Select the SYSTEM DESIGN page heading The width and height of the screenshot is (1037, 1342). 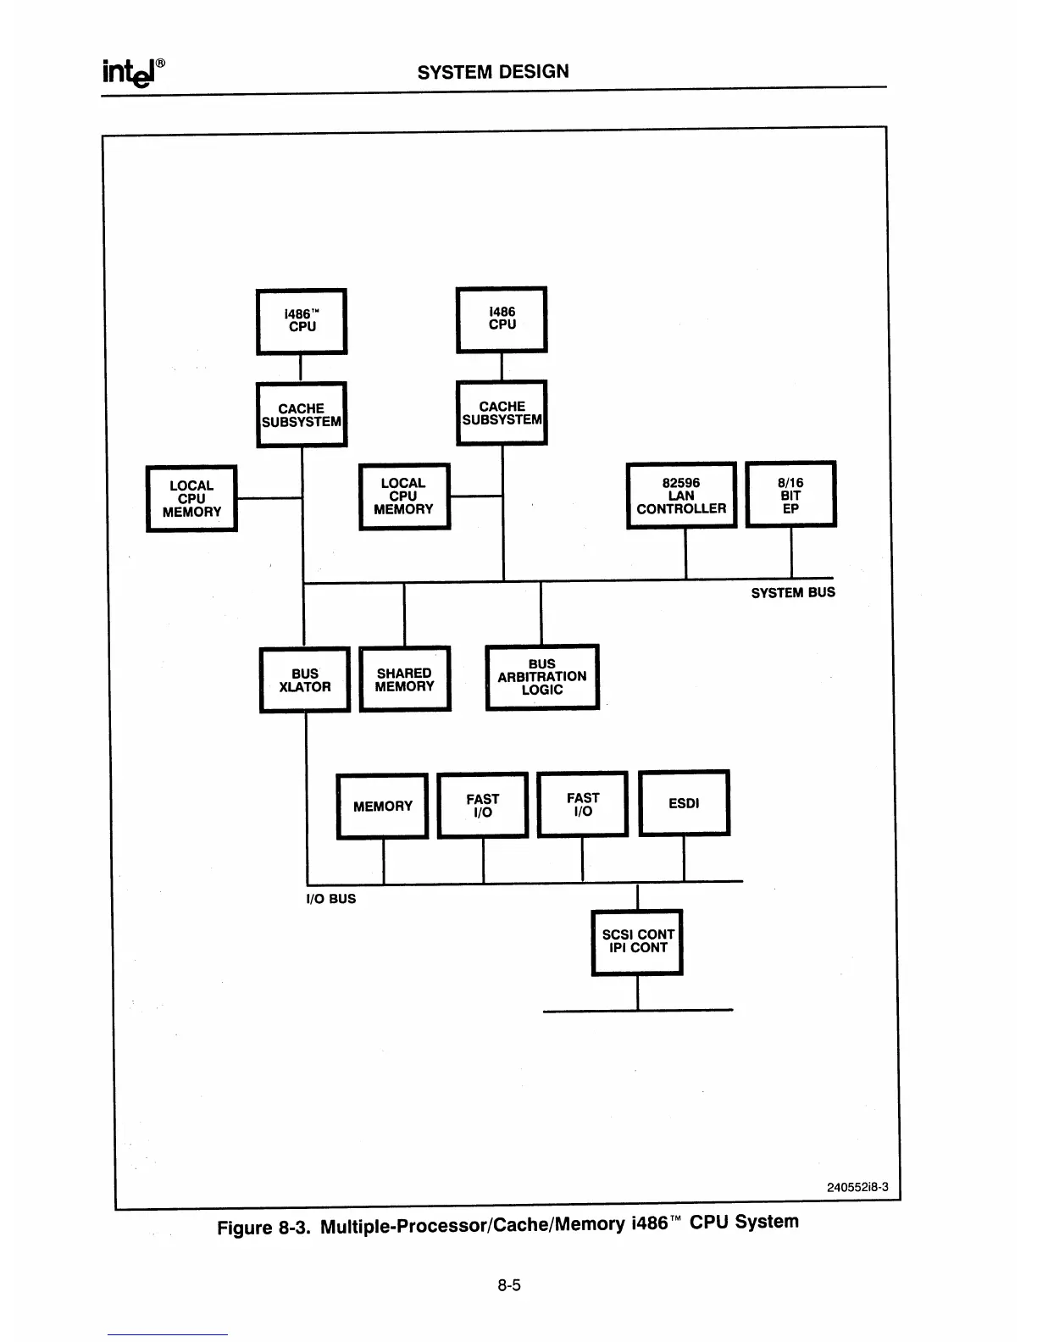pyautogui.click(x=493, y=72)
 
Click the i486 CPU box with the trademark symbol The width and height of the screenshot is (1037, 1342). pyautogui.click(x=302, y=321)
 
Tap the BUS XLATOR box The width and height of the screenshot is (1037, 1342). pyautogui.click(x=305, y=680)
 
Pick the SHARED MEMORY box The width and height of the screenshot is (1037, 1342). pyautogui.click(x=405, y=679)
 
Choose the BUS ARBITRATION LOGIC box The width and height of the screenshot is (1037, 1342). pyautogui.click(x=542, y=677)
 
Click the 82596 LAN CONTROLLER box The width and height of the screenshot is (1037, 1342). pyautogui.click(x=681, y=496)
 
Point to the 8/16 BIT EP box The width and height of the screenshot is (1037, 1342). pyautogui.click(x=790, y=495)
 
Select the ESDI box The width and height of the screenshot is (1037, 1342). pyautogui.click(x=684, y=803)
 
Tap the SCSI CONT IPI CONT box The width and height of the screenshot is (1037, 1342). pyautogui.click(x=637, y=941)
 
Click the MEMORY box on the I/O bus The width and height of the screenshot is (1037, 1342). pyautogui.click(x=382, y=807)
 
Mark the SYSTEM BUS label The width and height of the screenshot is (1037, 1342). pyautogui.click(x=793, y=593)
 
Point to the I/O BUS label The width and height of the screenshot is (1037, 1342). pyautogui.click(x=330, y=899)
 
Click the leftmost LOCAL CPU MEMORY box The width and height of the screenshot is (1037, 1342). pyautogui.click(x=191, y=499)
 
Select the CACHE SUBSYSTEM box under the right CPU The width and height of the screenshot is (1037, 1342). pyautogui.click(x=502, y=413)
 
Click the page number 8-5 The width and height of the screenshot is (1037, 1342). pyautogui.click(x=509, y=1285)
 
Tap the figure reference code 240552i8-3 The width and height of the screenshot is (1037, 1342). pyautogui.click(x=857, y=1187)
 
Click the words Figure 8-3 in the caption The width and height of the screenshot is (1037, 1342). pyautogui.click(x=264, y=1228)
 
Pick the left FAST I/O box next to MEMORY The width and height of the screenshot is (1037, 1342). pyautogui.click(x=483, y=806)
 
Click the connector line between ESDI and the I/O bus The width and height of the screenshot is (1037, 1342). pyautogui.click(x=684, y=859)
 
